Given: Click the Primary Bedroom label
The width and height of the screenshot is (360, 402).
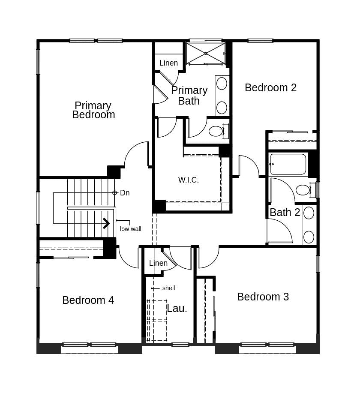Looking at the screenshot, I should pyautogui.click(x=93, y=110).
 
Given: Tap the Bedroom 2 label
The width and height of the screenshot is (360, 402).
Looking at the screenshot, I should pyautogui.click(x=270, y=87).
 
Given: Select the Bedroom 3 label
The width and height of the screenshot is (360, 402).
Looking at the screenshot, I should pyautogui.click(x=263, y=297).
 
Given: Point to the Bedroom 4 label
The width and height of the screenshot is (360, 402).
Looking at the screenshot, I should pyautogui.click(x=88, y=300).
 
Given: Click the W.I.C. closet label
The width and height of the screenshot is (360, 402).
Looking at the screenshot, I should pyautogui.click(x=189, y=180).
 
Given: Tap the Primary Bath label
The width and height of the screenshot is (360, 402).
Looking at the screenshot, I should pyautogui.click(x=189, y=96).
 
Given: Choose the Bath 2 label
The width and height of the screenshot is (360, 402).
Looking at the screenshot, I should pyautogui.click(x=285, y=212).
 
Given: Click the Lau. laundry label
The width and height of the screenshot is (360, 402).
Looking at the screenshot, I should pyautogui.click(x=177, y=308).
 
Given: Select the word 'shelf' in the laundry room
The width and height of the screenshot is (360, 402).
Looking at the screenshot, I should pyautogui.click(x=169, y=288).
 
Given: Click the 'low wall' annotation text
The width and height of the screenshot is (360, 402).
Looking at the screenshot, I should pyautogui.click(x=130, y=229).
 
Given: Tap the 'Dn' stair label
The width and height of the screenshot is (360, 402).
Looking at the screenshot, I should pyautogui.click(x=125, y=193).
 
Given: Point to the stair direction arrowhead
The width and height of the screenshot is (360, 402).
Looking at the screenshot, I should pyautogui.click(x=106, y=223).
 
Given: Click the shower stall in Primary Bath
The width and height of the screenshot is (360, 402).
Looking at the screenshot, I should pyautogui.click(x=206, y=53).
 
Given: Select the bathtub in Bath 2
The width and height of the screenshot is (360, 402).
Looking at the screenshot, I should pyautogui.click(x=288, y=164).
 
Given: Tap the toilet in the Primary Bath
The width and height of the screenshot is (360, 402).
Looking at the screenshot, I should pyautogui.click(x=216, y=131).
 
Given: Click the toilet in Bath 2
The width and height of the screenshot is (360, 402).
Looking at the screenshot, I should pyautogui.click(x=303, y=190).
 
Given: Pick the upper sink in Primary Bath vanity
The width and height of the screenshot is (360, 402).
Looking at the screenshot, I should pyautogui.click(x=222, y=83).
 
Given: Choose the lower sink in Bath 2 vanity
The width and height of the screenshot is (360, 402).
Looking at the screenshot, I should pyautogui.click(x=309, y=237).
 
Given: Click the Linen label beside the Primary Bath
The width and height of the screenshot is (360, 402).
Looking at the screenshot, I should pyautogui.click(x=168, y=63).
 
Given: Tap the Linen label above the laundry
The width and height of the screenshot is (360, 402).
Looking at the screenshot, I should pyautogui.click(x=158, y=263).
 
